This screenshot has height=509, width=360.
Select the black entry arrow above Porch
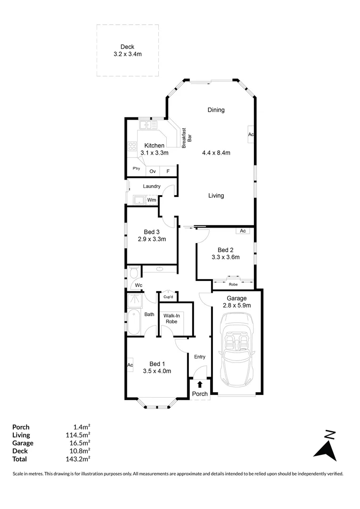[200, 385]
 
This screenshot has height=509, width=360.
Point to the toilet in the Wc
[133, 273]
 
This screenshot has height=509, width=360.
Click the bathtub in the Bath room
[133, 322]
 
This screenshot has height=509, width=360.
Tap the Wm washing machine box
[151, 200]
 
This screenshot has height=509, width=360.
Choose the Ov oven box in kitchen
[153, 171]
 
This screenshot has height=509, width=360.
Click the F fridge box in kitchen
[168, 171]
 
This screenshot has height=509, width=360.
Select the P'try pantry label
[136, 168]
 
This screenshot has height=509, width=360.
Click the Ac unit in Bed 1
[130, 365]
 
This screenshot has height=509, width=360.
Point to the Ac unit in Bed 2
[243, 231]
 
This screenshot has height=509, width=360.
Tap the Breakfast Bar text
[187, 138]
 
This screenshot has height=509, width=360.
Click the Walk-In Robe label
[171, 318]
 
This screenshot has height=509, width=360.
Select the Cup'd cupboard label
[168, 297]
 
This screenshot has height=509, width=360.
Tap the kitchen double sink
[147, 125]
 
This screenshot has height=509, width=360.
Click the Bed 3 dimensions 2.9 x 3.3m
[152, 239]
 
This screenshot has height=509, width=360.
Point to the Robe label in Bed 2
[233, 285]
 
